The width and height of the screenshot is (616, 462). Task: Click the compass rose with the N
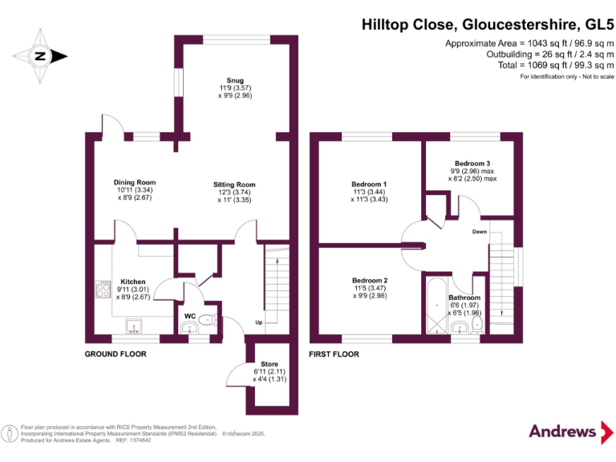38,56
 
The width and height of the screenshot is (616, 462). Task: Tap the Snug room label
235,81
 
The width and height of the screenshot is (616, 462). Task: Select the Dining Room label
134,182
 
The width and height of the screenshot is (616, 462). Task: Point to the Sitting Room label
234,184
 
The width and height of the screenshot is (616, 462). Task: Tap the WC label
190,316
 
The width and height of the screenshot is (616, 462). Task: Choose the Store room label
269,363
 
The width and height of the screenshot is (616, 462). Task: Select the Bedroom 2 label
369,280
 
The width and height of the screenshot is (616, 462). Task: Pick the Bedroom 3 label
472,163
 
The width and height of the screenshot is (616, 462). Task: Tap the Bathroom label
464,298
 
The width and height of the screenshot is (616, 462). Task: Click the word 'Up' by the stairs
258,322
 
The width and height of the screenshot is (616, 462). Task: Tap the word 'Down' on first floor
479,232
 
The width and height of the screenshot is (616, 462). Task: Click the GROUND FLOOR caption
117,354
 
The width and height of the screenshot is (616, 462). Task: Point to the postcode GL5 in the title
594,25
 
